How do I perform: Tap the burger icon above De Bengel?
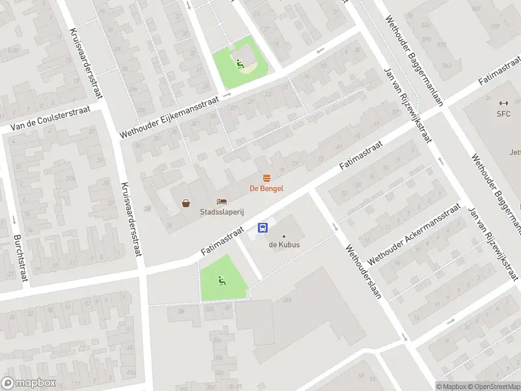pos(266,178)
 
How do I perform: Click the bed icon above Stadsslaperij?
pos(221,202)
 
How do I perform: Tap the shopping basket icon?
pos(186,203)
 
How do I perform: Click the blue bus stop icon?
pos(263,227)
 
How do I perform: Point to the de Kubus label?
pos(283,245)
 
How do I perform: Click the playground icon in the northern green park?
pos(240,64)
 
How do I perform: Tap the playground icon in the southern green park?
pos(221,281)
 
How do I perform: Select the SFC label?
pos(503,113)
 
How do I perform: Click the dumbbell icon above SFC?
pos(503,103)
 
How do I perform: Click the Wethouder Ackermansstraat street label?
pos(414,233)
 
